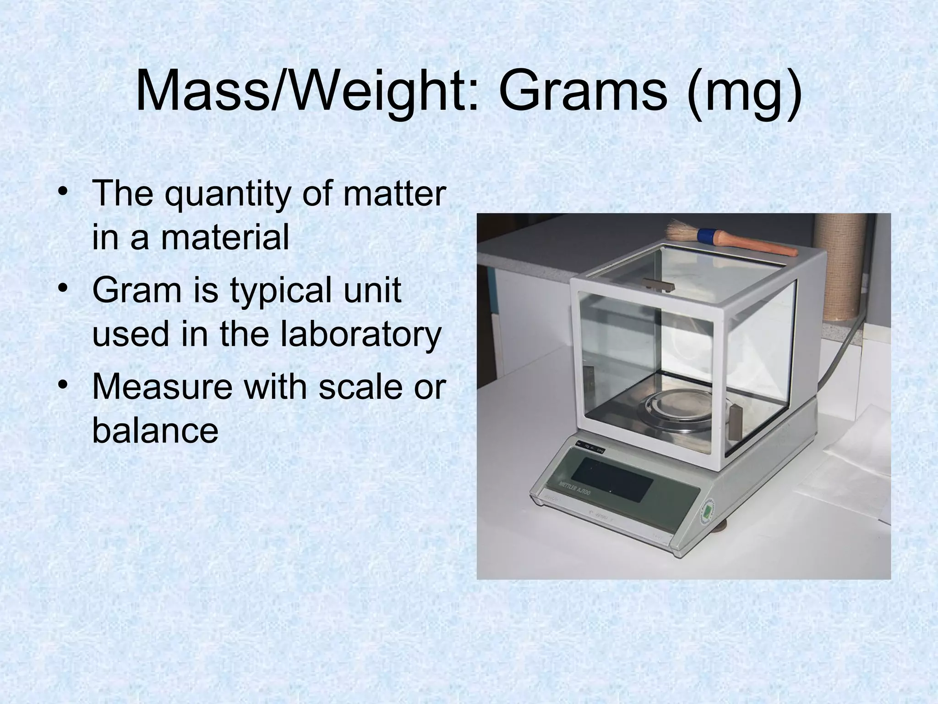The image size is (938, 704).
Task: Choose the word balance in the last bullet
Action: pyautogui.click(x=155, y=431)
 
